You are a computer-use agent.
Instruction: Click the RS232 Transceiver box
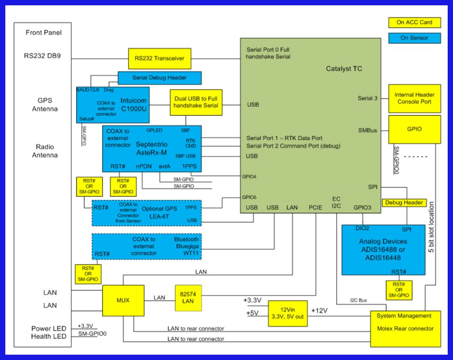[x=160, y=58]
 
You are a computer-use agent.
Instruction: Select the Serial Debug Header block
[x=159, y=78]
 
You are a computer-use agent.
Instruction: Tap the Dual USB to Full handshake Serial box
[x=196, y=103]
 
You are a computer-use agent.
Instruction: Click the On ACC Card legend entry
[x=415, y=22]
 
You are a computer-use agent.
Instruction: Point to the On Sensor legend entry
[x=415, y=38]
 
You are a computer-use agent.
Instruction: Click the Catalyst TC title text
[x=344, y=69]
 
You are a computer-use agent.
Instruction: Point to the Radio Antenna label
[x=45, y=151]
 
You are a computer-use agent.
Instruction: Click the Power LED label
[x=49, y=329]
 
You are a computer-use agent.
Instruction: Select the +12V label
[x=319, y=310]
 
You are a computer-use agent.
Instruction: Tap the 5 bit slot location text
[x=431, y=228]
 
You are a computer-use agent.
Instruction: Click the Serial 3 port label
[x=368, y=98]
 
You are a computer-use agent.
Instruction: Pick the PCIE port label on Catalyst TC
[x=315, y=207]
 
